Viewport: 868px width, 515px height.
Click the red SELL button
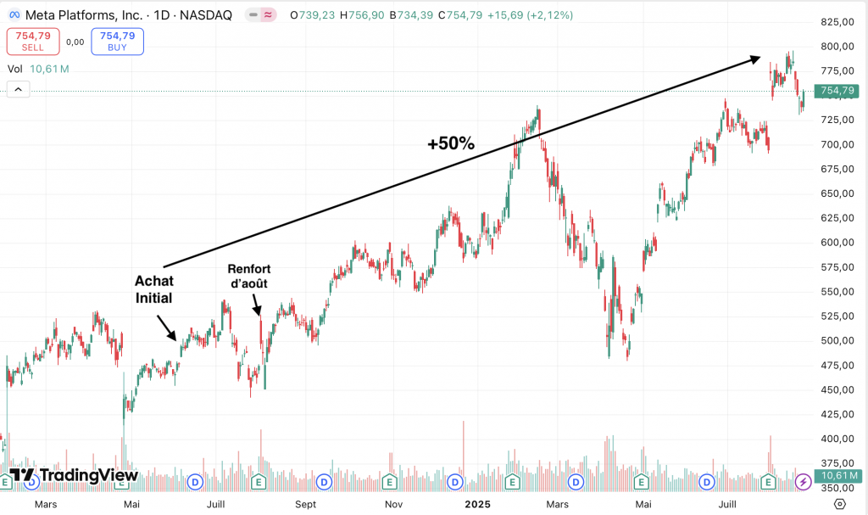(33, 41)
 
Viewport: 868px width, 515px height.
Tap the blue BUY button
(117, 41)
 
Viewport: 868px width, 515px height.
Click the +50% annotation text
(451, 143)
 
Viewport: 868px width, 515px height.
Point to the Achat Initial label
(153, 289)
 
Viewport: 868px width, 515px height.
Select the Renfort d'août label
(249, 277)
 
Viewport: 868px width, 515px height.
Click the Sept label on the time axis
(305, 504)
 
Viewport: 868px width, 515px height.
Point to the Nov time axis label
(392, 504)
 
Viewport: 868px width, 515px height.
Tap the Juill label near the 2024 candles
(216, 504)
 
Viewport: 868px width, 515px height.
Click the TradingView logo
(74, 475)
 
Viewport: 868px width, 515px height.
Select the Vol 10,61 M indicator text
(38, 69)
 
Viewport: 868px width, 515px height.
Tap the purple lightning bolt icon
(804, 482)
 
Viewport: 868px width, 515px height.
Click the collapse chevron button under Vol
(18, 89)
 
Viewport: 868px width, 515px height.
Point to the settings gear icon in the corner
(839, 504)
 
